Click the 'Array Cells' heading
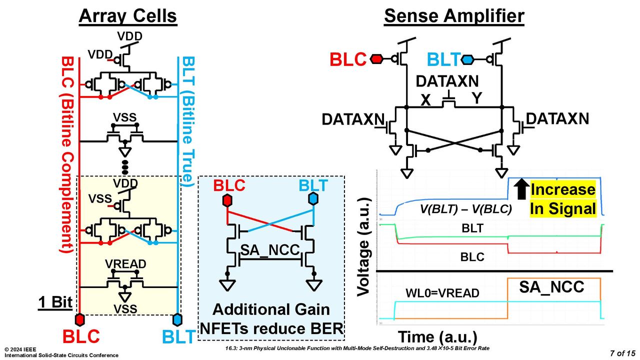127,16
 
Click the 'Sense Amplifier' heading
454,16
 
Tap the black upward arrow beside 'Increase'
521,189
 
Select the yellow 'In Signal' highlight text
562,208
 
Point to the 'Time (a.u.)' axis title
437,337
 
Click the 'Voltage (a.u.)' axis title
365,247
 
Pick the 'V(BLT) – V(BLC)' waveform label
465,209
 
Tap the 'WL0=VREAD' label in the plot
442,293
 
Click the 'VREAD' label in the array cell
125,264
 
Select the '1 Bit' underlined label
55,302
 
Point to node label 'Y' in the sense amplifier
476,98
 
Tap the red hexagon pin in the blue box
227,200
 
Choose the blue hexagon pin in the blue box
313,199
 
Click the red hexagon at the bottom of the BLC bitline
79,319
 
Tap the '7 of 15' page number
622,353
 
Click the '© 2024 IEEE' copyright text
20,349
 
